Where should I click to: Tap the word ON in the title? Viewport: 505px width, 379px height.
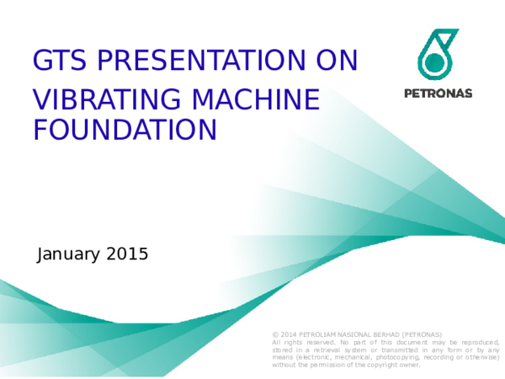click(x=336, y=61)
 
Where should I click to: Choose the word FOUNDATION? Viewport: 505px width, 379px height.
click(x=125, y=130)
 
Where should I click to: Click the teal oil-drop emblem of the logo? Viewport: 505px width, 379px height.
click(x=437, y=53)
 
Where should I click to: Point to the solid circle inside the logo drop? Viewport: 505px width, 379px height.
click(x=434, y=61)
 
